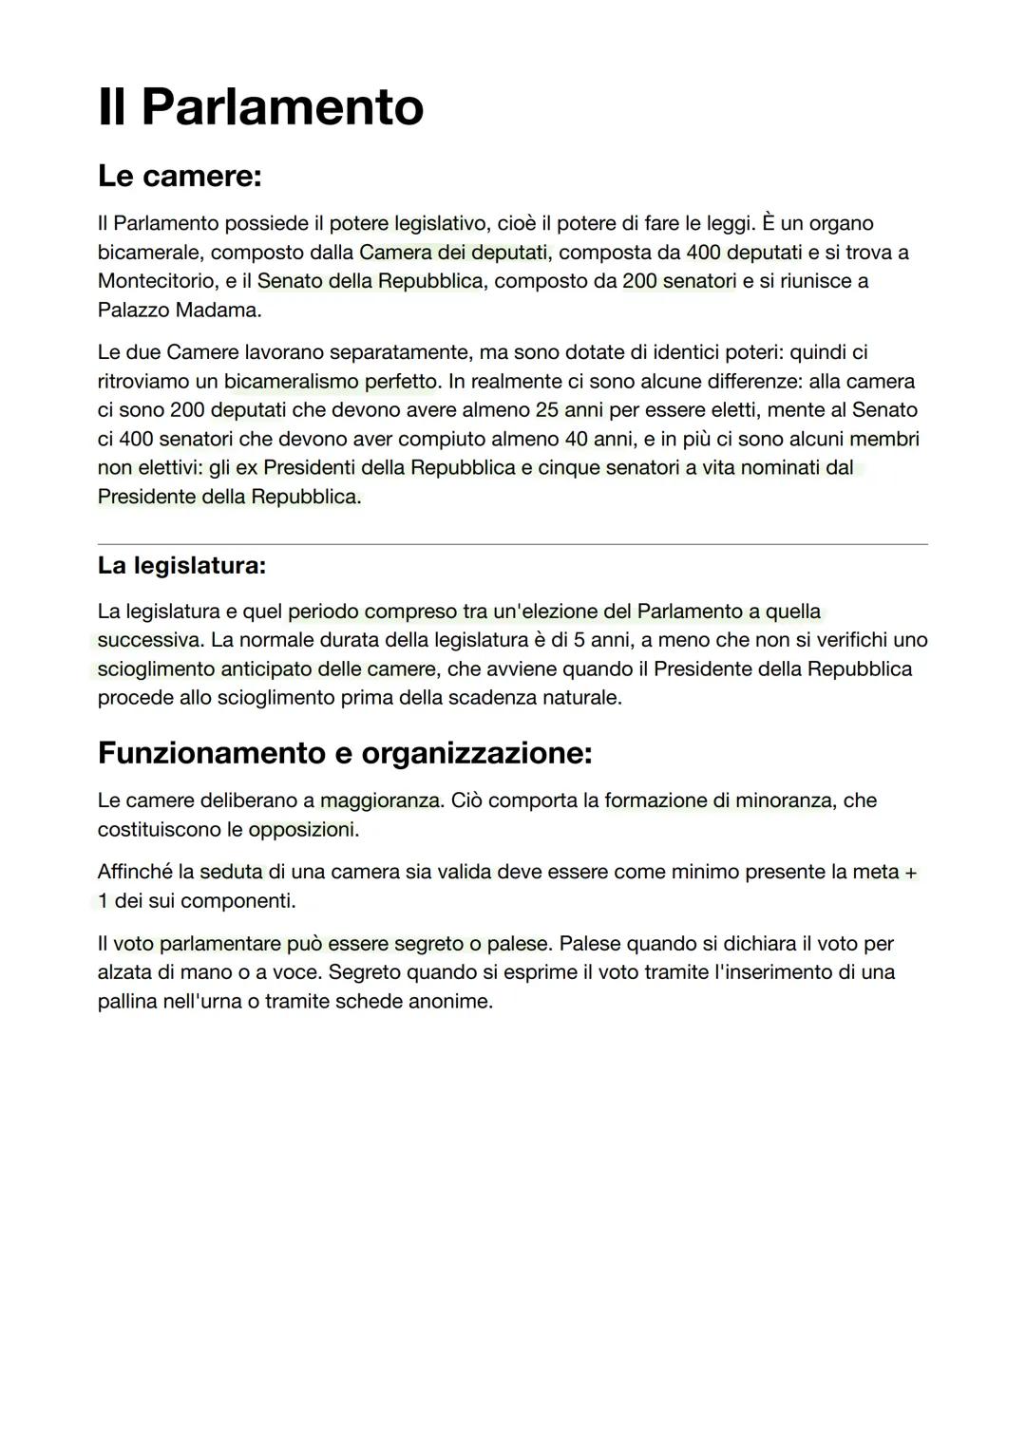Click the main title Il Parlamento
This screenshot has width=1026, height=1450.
click(x=260, y=106)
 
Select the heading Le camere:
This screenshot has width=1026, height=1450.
click(x=180, y=176)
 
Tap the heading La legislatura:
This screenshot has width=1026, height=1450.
click(x=181, y=566)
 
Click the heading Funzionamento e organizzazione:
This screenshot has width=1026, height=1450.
click(x=345, y=753)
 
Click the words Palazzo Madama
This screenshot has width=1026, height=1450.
click(x=178, y=311)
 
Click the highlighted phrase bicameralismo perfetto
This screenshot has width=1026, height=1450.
click(x=332, y=382)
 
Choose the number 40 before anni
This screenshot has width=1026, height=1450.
click(x=576, y=440)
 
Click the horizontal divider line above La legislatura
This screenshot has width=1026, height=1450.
click(x=513, y=544)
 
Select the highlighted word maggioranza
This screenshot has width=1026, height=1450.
click(x=379, y=800)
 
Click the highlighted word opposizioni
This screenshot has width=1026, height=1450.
click(x=302, y=830)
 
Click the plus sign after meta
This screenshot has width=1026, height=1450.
click(x=910, y=872)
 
